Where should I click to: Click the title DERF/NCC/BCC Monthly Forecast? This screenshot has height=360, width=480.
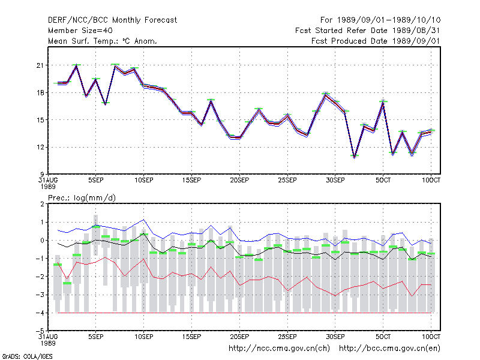tap(112, 20)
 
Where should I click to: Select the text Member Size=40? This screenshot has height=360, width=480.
tap(80, 31)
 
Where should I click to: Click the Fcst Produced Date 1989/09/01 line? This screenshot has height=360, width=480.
tap(376, 41)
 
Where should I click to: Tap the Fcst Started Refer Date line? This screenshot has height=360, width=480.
tap(367, 31)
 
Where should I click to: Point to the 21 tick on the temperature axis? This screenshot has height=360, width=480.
tap(40, 65)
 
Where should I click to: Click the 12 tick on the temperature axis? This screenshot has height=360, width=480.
tap(40, 147)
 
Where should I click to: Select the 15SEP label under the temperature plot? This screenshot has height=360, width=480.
tap(191, 181)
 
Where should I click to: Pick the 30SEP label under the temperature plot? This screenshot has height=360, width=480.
tap(335, 181)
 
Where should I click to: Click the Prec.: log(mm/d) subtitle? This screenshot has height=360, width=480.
tap(82, 198)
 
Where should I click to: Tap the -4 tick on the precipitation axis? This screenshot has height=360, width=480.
tap(40, 313)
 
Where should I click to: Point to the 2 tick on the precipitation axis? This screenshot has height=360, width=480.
tap(42, 204)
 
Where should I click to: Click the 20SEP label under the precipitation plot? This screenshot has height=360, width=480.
tap(239, 337)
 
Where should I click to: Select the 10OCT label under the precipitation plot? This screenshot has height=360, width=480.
tap(431, 337)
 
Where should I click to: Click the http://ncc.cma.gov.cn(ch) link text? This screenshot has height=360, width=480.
tap(279, 349)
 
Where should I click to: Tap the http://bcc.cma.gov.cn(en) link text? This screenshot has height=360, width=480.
tap(389, 349)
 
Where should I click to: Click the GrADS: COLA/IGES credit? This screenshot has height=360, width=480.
tap(27, 356)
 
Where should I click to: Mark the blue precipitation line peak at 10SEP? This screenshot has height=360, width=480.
tap(143, 220)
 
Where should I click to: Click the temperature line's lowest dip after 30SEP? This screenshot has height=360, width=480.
tap(354, 157)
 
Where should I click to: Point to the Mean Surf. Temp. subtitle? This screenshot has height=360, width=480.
tap(102, 41)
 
